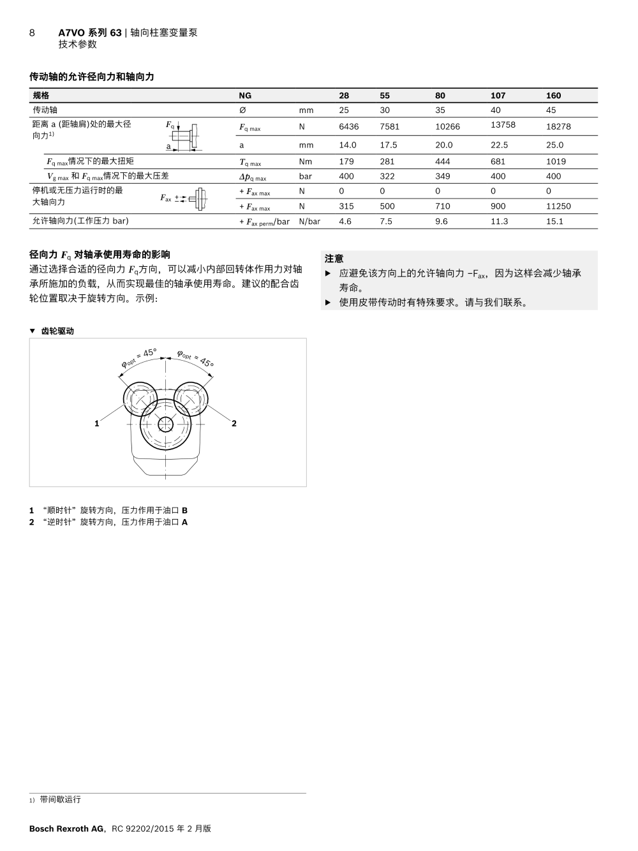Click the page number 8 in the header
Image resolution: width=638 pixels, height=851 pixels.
[32, 33]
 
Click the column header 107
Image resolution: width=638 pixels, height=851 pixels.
[498, 96]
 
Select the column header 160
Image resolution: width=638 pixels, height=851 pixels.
[553, 96]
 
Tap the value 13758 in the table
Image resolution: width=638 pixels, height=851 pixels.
[503, 125]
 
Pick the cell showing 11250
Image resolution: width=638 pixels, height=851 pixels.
[558, 206]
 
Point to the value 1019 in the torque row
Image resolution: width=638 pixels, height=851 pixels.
[556, 162]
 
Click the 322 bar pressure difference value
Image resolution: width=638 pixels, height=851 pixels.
[387, 176]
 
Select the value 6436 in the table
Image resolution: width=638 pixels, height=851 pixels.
[349, 126]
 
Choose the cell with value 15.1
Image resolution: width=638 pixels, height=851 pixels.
[554, 222]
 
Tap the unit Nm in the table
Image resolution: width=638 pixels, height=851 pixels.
[306, 162]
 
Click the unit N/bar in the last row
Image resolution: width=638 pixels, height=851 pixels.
[309, 222]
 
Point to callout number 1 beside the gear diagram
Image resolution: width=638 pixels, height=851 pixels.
[97, 423]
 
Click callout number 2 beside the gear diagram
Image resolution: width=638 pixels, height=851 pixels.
[234, 423]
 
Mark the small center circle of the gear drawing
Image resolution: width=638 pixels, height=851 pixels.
[166, 424]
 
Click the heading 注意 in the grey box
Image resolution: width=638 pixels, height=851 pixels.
[334, 259]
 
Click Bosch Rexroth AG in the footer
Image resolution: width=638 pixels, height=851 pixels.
[66, 829]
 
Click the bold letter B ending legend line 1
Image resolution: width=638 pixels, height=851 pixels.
[184, 511]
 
